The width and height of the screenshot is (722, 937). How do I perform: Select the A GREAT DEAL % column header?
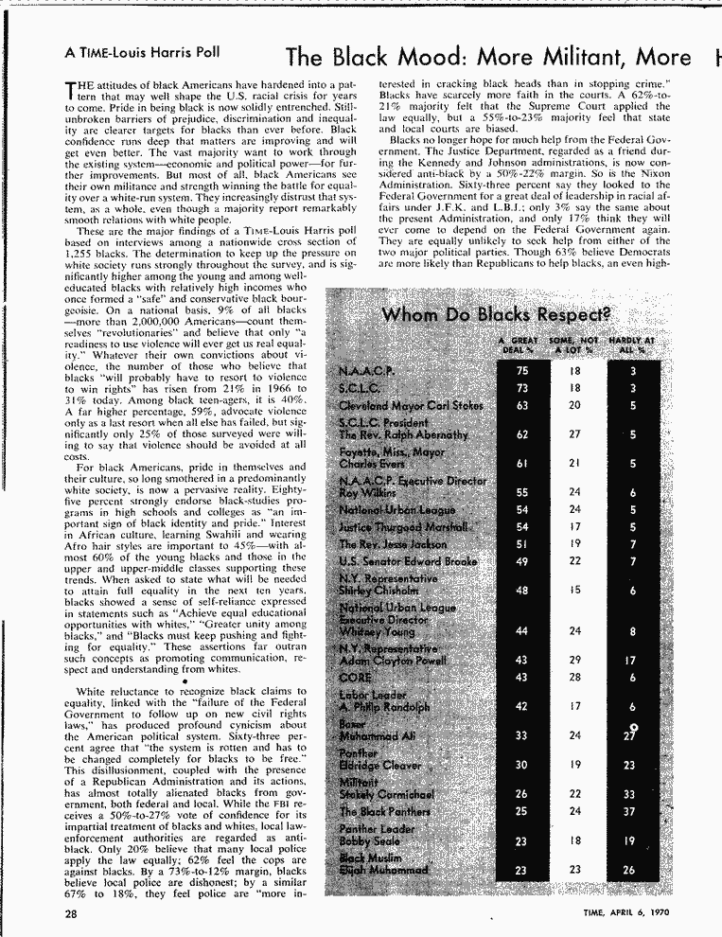coord(519,345)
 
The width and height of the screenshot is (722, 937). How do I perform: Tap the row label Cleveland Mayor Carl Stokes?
coord(411,405)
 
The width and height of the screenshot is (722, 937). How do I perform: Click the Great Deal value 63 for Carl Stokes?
coord(523,405)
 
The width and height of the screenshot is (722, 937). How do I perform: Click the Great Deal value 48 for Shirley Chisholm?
coord(523,591)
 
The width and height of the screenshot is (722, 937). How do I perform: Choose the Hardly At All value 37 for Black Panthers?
coord(629,811)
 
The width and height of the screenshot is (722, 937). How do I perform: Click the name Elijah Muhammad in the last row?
coord(383,870)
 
